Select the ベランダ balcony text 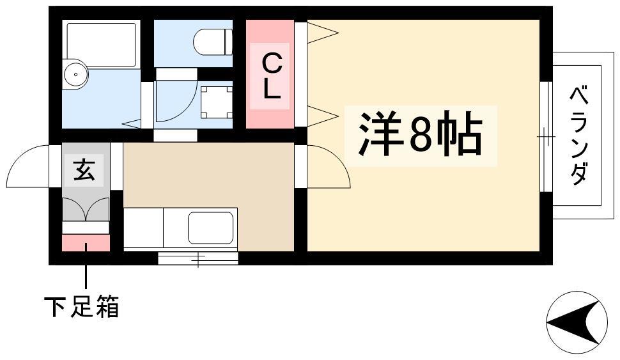coord(579,136)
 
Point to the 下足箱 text coord(81,306)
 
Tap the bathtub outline coord(101,45)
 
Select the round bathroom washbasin coord(75,74)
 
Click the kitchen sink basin coord(211,228)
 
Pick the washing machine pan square coord(216,102)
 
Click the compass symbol coord(577,322)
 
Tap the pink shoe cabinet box coord(86,242)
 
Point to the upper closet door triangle coord(323,33)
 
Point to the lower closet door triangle coord(323,116)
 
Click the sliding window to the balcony coord(546,136)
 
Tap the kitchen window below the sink coord(198,258)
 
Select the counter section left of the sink coord(144,228)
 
